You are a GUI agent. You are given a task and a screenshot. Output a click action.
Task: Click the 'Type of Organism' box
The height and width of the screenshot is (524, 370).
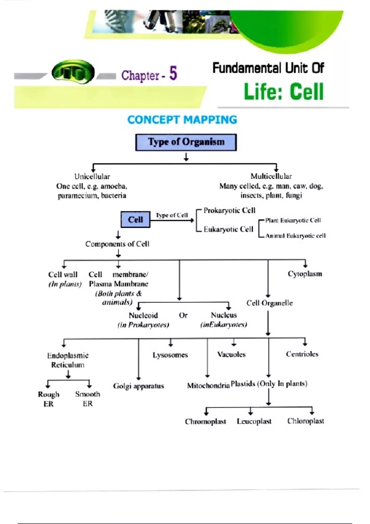pos(186,142)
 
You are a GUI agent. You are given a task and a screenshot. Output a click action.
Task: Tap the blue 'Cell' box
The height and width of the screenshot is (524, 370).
pos(135,219)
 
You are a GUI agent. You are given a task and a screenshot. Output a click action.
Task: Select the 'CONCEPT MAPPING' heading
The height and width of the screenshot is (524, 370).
pos(182,120)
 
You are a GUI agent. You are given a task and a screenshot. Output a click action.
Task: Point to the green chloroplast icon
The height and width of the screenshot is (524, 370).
pos(73,72)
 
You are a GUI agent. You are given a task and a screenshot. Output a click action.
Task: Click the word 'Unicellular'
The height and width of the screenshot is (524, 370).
pos(92,176)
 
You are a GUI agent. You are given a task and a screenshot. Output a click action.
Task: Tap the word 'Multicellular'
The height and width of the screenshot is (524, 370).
pos(271,176)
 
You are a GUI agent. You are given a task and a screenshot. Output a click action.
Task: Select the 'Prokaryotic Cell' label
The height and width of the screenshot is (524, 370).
pos(229,210)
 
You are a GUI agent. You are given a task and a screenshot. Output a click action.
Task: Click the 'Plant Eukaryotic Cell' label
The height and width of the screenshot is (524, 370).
pos(293,220)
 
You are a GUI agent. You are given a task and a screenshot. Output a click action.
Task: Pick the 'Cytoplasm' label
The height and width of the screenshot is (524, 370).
pos(305,274)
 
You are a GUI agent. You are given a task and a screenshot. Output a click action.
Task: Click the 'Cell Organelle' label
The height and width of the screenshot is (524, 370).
pos(269,303)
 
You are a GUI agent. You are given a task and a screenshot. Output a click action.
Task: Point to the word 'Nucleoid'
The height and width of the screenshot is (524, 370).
pos(143,315)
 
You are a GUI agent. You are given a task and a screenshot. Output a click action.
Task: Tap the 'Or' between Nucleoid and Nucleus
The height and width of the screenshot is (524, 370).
pos(183,315)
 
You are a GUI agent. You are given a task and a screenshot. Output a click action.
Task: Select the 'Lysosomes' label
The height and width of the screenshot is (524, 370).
pos(170,355)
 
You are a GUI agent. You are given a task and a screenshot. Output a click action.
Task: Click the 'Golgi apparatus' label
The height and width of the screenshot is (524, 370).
pos(138,386)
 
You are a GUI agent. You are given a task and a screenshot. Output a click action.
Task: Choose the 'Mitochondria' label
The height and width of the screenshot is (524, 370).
pos(208,386)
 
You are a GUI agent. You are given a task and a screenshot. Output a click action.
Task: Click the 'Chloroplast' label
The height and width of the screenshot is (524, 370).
pos(306,421)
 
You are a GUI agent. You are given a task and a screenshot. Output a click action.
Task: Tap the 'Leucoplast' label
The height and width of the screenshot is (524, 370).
pos(254,421)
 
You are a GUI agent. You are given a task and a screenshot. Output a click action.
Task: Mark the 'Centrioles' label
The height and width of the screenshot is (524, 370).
pos(302,354)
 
